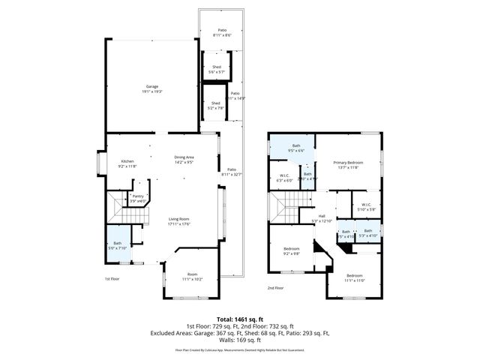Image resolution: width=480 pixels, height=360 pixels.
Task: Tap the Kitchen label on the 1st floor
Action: click(x=127, y=163)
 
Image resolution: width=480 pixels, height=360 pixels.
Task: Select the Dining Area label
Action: click(x=184, y=158)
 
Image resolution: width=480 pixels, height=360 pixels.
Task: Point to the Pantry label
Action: click(x=138, y=198)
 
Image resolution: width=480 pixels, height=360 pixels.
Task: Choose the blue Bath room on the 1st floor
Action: click(x=117, y=245)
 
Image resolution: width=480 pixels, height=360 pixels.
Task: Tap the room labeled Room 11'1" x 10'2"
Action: click(x=192, y=277)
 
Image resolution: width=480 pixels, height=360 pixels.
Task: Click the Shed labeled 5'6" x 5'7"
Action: click(x=216, y=69)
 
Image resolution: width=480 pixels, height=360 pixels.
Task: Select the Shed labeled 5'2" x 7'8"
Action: click(x=215, y=105)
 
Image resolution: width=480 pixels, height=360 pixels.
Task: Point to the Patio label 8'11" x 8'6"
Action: click(x=222, y=32)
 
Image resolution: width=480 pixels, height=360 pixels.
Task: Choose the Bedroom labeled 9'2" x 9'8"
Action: click(x=291, y=251)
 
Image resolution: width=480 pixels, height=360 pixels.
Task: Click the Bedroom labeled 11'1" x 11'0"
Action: click(x=354, y=277)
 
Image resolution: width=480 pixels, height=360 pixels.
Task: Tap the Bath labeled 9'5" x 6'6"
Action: click(x=295, y=148)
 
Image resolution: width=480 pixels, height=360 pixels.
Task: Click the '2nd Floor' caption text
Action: click(x=275, y=287)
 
